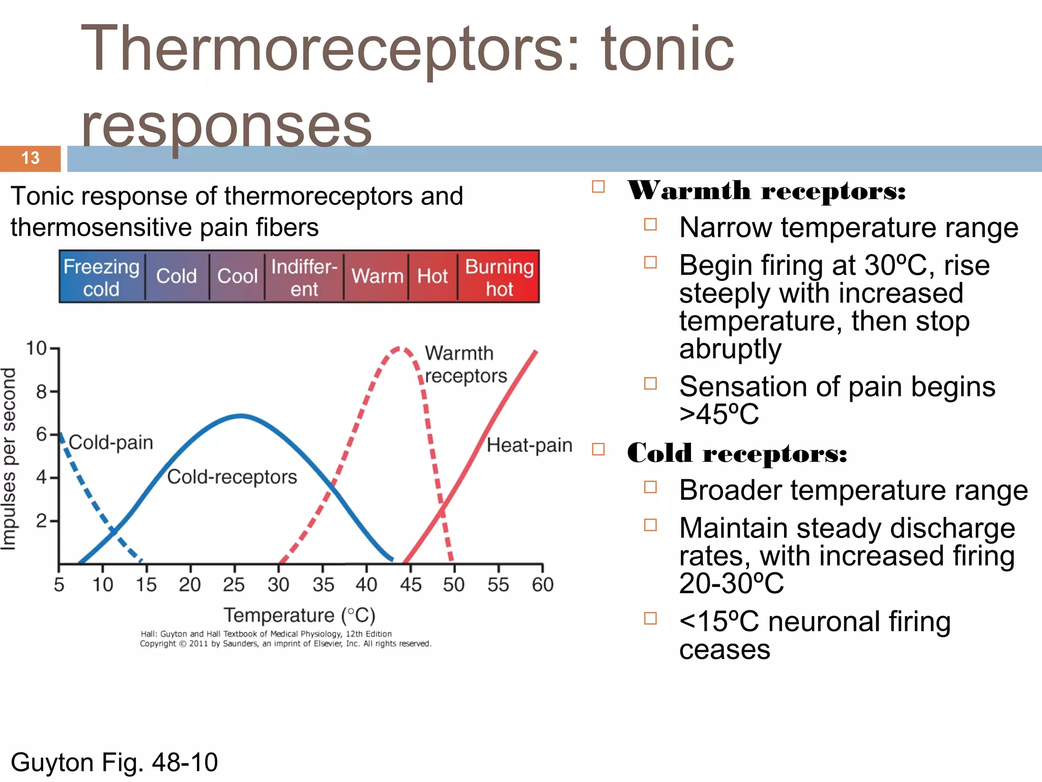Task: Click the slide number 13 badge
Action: click(x=31, y=158)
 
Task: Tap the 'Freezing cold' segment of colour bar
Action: click(x=101, y=277)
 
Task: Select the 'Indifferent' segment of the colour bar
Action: click(x=304, y=277)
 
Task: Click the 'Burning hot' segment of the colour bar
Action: click(x=499, y=277)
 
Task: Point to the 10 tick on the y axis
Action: click(x=36, y=349)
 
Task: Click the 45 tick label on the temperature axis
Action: click(x=410, y=584)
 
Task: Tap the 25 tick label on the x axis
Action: click(x=234, y=584)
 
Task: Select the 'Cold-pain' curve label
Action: click(x=111, y=442)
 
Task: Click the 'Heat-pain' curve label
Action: click(x=529, y=445)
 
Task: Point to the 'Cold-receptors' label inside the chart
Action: click(x=232, y=477)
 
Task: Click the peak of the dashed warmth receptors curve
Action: click(x=399, y=349)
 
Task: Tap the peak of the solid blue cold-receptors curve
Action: click(x=241, y=416)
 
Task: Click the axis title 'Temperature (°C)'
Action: click(x=299, y=615)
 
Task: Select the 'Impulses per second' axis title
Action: click(x=9, y=458)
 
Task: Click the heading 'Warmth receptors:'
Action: click(x=766, y=191)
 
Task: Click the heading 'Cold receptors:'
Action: click(x=737, y=453)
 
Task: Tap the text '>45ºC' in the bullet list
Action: click(x=718, y=414)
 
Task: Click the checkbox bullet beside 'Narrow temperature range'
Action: click(x=650, y=225)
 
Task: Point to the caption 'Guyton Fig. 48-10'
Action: click(x=114, y=762)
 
